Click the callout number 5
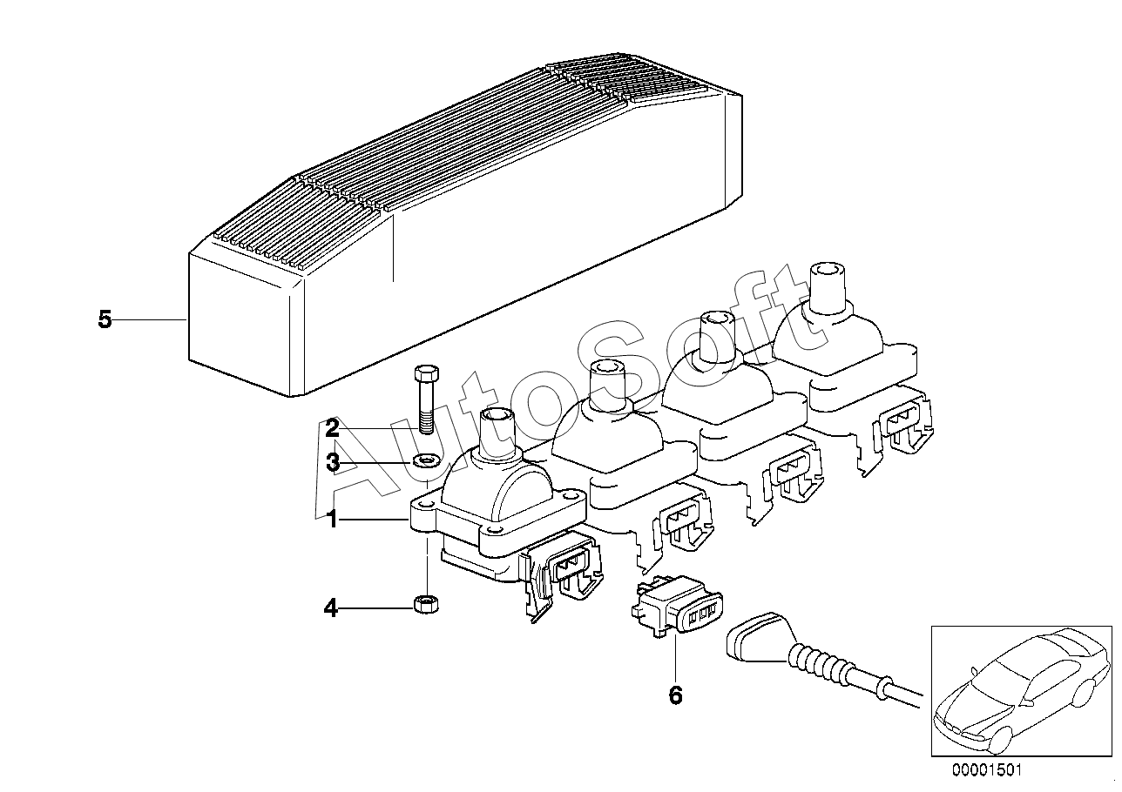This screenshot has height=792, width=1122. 105,320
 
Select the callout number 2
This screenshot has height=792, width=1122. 332,428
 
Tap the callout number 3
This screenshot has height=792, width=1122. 332,463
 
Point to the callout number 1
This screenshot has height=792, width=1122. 331,520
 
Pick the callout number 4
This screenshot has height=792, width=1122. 330,607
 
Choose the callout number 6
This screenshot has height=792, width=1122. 675,695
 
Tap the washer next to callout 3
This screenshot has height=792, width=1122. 426,460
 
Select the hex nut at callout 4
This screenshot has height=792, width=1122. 426,602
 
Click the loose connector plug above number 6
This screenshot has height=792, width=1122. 679,608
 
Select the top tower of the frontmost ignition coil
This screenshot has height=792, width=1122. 497,429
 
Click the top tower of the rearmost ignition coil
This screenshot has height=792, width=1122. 828,289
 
